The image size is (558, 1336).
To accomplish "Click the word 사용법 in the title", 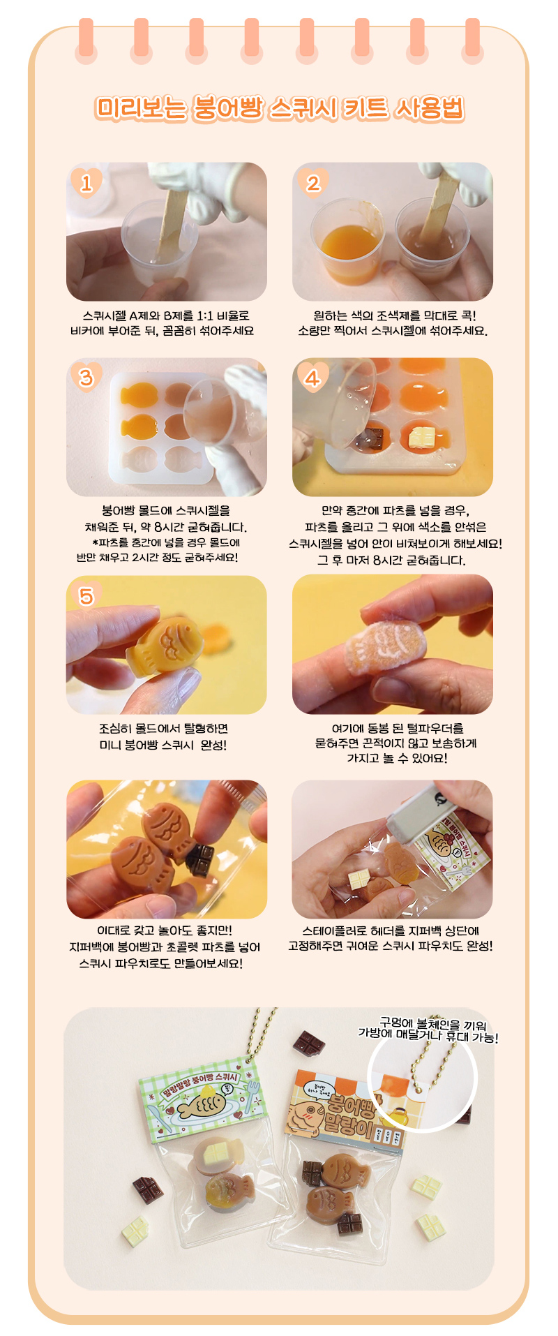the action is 428,108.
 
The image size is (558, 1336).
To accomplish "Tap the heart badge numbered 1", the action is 86,183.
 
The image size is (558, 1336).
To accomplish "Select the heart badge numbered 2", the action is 313,183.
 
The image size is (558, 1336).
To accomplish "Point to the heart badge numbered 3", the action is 86,378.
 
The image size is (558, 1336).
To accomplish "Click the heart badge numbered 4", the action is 312,378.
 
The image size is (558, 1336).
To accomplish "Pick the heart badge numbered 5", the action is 86,595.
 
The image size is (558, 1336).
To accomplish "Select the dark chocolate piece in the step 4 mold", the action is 375,438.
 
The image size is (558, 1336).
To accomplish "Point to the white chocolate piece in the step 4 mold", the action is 421,436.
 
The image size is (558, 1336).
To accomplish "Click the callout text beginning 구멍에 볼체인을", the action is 428,1030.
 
